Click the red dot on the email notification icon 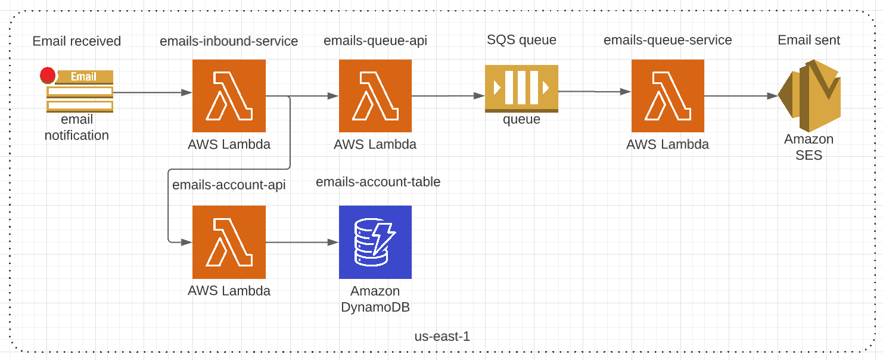point(48,76)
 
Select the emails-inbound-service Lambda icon point(229,95)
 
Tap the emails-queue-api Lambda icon point(375,95)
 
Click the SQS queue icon point(521,88)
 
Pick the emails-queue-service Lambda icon point(668,95)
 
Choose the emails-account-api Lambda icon point(229,242)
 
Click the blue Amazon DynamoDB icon point(375,242)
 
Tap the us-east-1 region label point(442,336)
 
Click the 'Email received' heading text point(77,41)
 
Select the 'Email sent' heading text point(809,40)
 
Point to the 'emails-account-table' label point(378,182)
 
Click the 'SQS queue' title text point(521,40)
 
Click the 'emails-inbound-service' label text point(229,41)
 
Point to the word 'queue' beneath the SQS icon point(521,119)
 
